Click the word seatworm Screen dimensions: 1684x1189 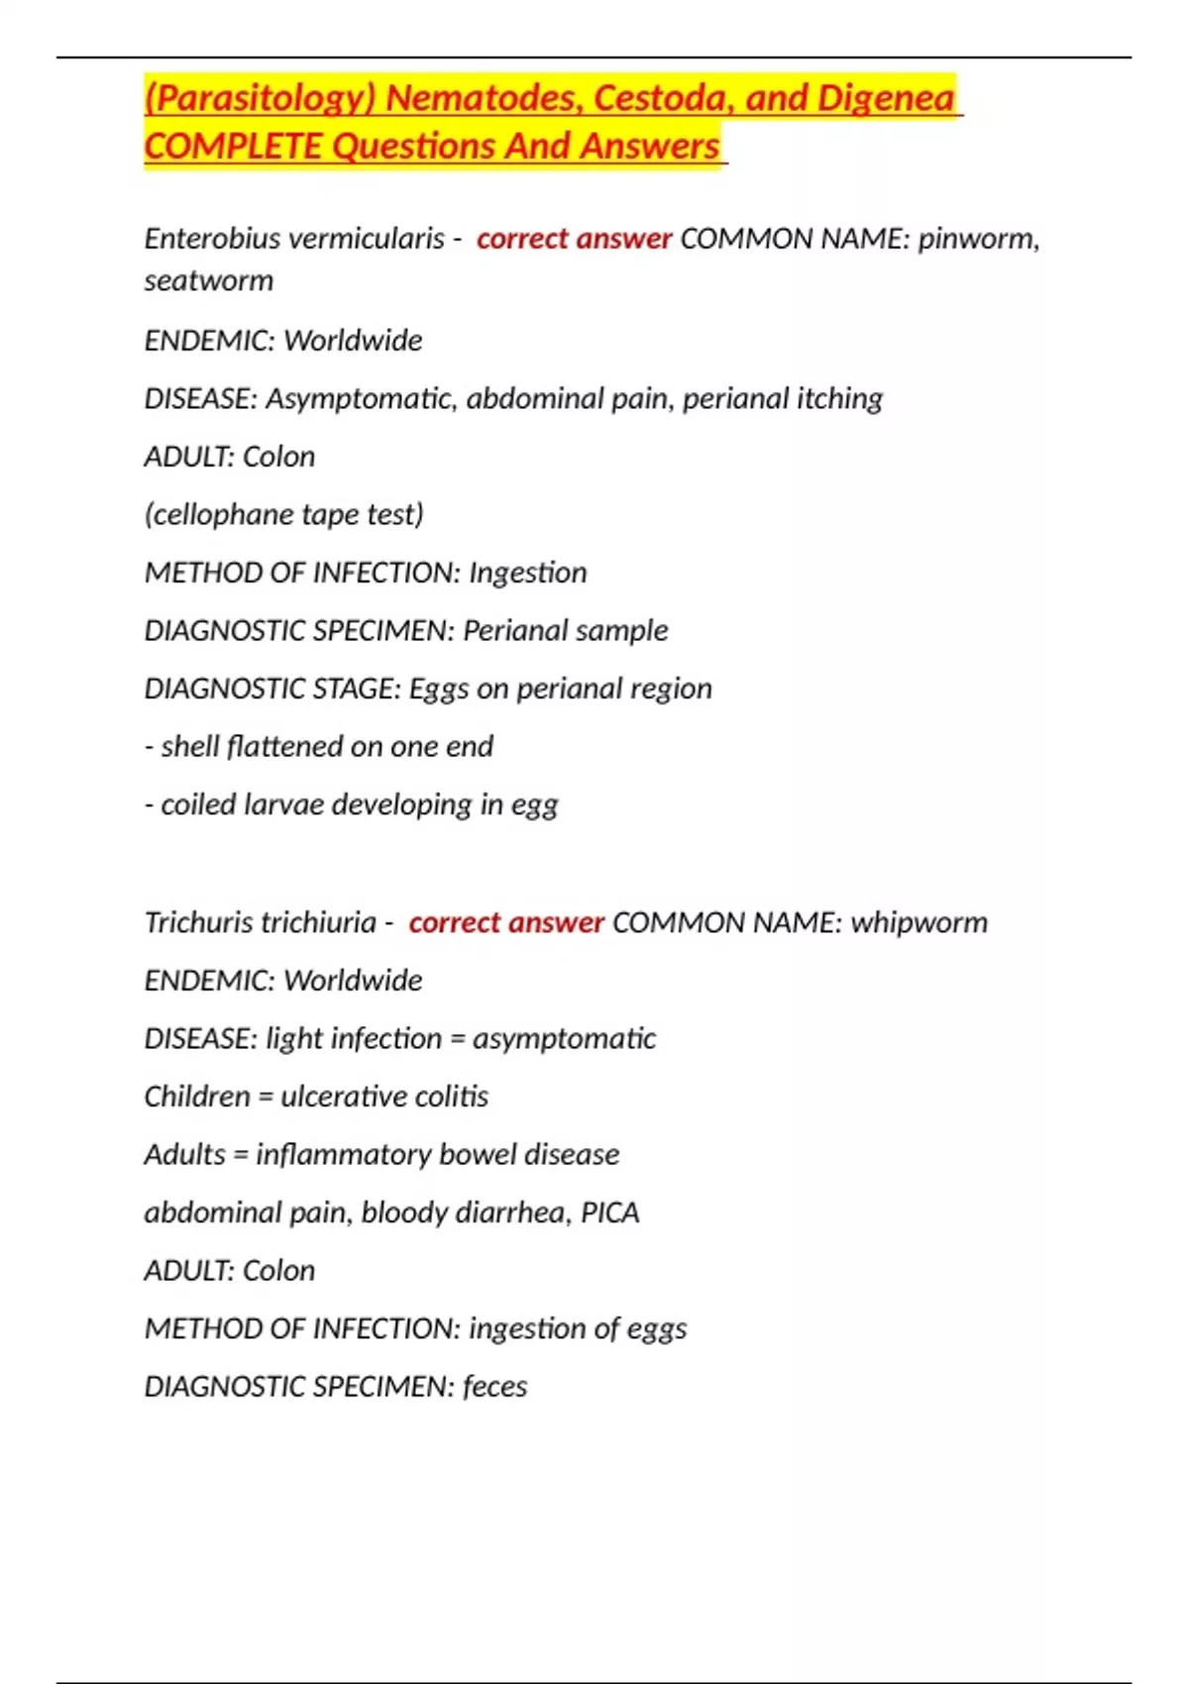[x=209, y=280]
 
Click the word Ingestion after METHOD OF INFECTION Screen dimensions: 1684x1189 [x=527, y=573]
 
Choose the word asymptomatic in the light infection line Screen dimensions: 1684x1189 [x=564, y=1038]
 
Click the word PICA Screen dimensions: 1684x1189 [x=610, y=1212]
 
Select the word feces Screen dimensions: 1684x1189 [x=494, y=1386]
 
